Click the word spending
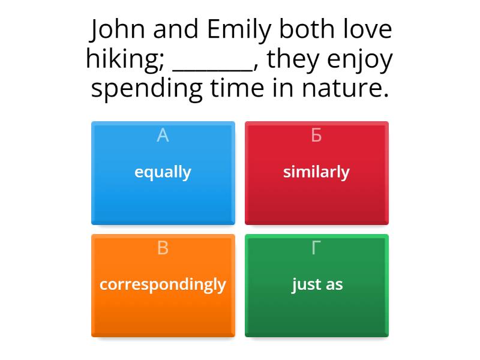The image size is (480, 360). click(146, 89)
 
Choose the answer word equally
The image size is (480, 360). click(163, 172)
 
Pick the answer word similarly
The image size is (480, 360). click(316, 172)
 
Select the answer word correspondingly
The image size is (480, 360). click(163, 284)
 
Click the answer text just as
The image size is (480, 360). click(317, 284)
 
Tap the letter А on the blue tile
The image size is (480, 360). click(163, 136)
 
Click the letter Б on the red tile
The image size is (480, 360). click(316, 136)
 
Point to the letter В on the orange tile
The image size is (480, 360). click(163, 248)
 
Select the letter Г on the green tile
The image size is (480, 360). click(316, 248)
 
